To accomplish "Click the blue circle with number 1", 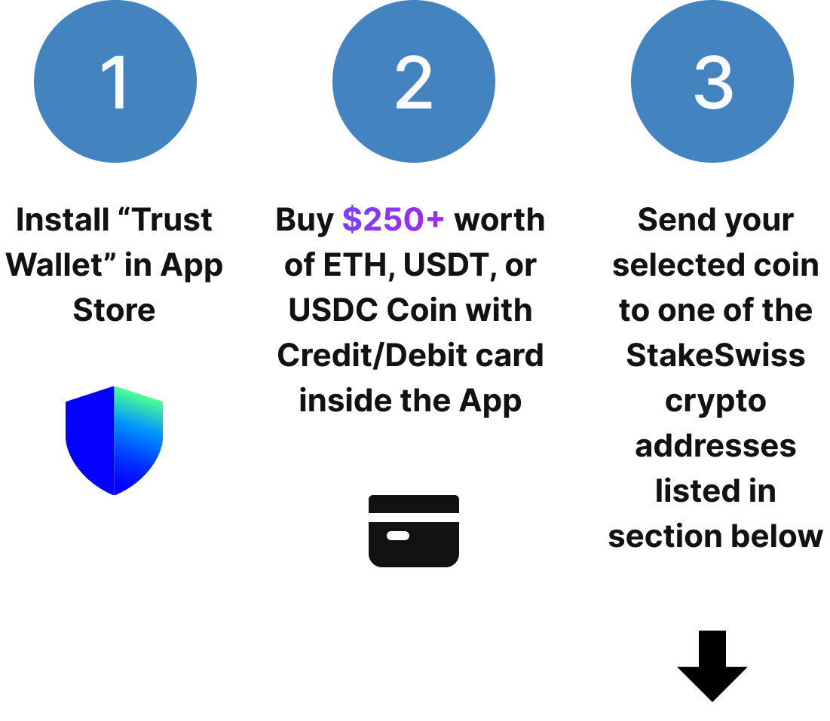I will coord(115,81).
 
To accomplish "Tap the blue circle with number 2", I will coord(414,81).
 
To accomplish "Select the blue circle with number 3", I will coord(712,81).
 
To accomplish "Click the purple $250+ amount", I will coord(394,220).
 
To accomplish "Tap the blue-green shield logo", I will coord(115,441).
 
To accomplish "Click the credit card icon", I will coord(414,530).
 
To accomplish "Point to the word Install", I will coord(63,220).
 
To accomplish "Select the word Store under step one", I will coord(115,310).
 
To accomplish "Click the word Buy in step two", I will coord(304,220).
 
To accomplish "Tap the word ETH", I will coord(359,265).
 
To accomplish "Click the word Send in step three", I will coord(673,220).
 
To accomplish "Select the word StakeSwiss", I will coord(715,356).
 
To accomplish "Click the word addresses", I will coord(715,446).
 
